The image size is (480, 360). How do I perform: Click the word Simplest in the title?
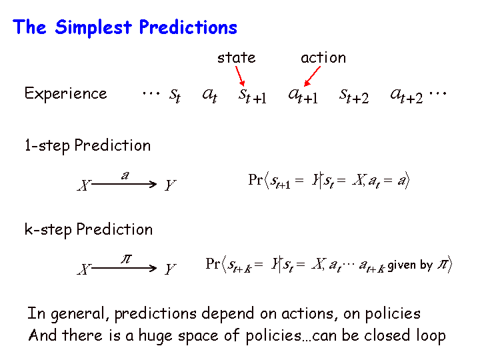93,27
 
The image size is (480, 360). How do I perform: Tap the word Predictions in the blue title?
188,27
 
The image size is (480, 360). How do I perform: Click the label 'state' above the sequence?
236,57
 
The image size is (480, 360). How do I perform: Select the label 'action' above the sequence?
323,57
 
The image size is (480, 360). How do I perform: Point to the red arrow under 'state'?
240,76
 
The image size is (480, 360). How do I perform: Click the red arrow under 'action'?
312,76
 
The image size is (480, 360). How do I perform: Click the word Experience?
65,93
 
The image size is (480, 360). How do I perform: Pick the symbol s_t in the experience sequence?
175,95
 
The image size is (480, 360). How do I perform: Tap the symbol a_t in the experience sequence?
210,95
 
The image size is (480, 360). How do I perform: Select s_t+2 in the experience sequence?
354,96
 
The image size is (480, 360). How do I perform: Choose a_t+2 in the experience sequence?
407,96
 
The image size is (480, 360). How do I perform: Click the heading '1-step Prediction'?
87,146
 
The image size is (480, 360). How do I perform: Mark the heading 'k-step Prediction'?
89,229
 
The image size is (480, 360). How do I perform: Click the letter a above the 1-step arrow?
125,176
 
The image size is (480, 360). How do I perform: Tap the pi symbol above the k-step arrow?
126,259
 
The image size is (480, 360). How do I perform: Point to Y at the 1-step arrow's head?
170,185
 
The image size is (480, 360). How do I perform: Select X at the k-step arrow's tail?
84,269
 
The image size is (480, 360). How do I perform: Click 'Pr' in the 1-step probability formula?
255,179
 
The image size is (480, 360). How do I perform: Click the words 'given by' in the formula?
410,265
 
